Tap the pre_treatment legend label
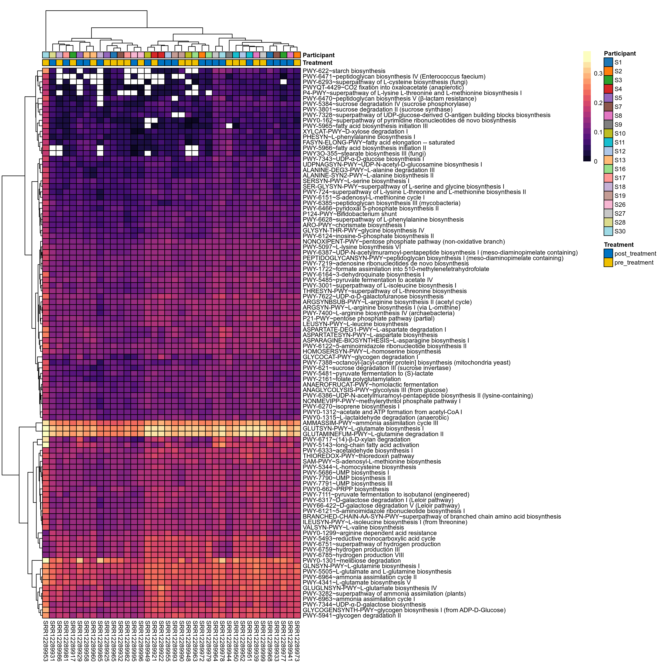tap(634, 262)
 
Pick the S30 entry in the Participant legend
tap(620, 231)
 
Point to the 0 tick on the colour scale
tap(595, 161)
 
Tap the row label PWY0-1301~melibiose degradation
tap(351, 561)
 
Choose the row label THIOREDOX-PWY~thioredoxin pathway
tap(358, 456)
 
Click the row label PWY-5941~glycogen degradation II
tap(351, 615)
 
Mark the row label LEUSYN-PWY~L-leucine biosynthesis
tap(355, 324)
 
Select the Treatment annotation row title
tap(317, 63)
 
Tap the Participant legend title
tap(620, 54)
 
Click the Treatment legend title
tap(619, 245)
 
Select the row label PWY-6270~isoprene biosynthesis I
tap(351, 407)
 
